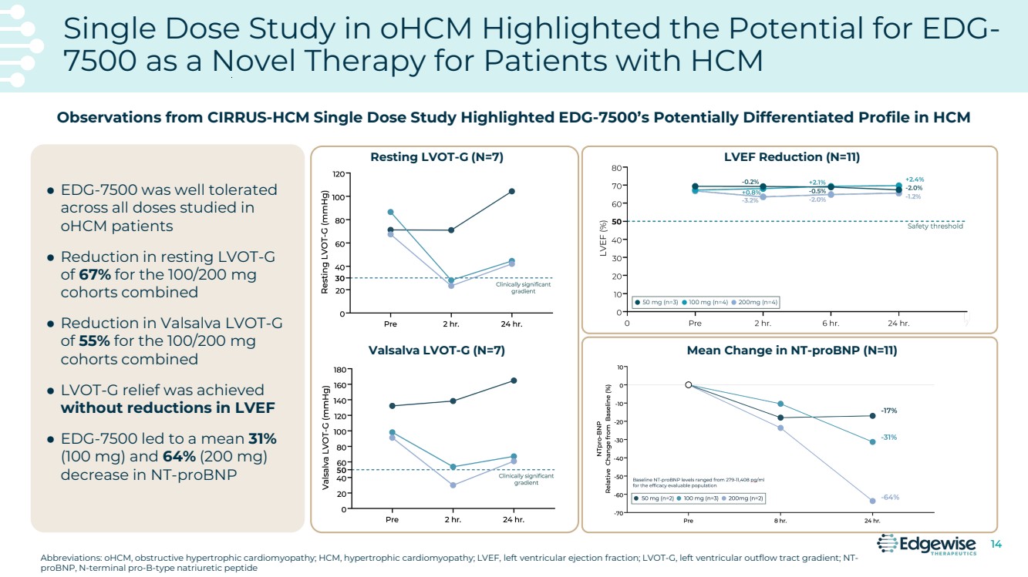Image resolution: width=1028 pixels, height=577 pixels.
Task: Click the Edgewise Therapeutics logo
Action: pos(927,545)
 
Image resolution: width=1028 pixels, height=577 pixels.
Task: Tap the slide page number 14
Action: pos(996,545)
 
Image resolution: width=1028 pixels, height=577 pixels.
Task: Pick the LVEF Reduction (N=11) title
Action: pos(792,157)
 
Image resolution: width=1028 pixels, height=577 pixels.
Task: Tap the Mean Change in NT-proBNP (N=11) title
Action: pos(792,351)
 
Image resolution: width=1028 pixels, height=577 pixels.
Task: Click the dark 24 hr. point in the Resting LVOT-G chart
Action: pos(511,191)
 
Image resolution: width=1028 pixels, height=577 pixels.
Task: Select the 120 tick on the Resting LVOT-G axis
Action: pos(338,174)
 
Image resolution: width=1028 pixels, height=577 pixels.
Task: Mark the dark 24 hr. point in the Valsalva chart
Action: pos(514,381)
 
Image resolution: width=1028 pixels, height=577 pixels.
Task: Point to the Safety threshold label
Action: pos(935,226)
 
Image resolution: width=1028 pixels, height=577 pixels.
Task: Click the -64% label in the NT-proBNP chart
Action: pos(890,497)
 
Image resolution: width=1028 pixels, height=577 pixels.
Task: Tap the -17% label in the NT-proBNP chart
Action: pos(888,411)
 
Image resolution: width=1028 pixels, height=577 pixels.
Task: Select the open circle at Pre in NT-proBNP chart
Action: pos(689,385)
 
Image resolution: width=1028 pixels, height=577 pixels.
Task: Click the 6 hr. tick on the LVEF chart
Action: pos(831,324)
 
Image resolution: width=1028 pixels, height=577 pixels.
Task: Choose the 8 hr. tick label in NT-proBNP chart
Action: pos(780,521)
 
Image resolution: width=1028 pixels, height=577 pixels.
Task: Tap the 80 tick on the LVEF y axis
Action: pos(616,167)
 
